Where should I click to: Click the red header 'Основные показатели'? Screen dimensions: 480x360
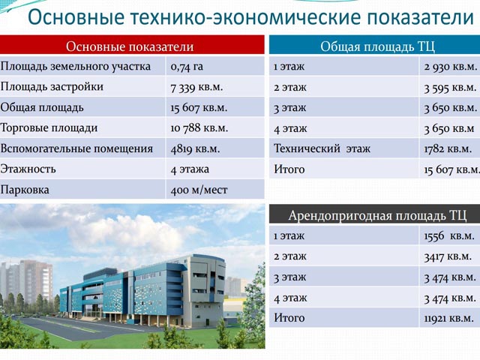point(130,46)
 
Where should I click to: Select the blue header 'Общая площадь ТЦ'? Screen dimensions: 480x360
point(377,46)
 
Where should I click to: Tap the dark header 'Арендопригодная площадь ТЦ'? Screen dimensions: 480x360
point(377,215)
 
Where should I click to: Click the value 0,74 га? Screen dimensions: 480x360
point(187,67)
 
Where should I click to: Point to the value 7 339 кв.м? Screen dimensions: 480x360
point(196,87)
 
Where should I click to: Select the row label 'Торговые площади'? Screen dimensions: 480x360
point(49,128)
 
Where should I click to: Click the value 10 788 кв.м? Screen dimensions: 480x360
point(199,128)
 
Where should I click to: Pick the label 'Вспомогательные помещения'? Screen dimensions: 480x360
point(76,148)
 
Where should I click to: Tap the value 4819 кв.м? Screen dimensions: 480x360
point(195,148)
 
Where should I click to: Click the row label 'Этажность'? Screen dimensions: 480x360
point(28,169)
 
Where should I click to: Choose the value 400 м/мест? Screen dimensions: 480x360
point(199,190)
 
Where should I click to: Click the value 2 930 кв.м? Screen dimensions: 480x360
point(450,67)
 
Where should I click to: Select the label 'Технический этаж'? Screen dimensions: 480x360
point(322,148)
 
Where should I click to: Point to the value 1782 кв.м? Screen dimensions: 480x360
point(448,148)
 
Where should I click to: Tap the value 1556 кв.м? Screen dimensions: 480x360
point(449,236)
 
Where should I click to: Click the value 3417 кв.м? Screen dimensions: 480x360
point(448,256)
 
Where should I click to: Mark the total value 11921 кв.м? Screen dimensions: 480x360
point(448,318)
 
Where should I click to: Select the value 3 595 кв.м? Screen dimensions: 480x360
point(450,88)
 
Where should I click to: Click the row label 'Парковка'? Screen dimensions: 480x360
point(25,190)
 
